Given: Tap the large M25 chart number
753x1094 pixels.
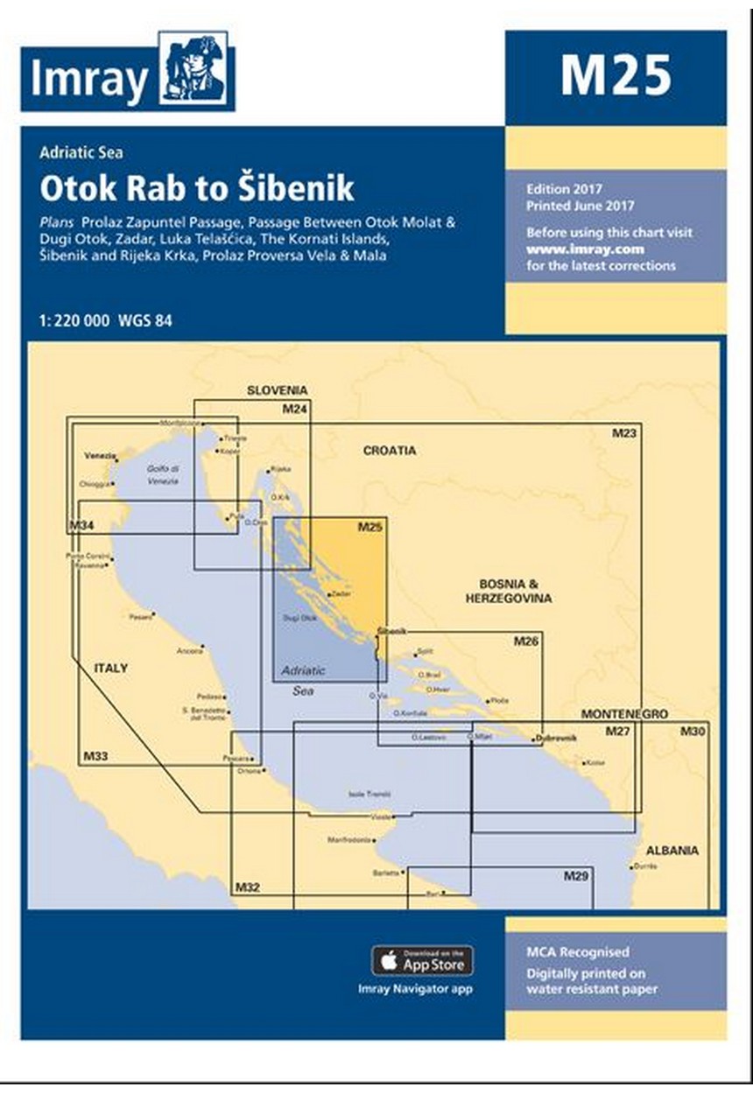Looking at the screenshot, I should tap(616, 75).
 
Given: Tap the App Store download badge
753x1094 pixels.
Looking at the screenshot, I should tap(423, 960).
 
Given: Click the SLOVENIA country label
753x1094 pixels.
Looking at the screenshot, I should tap(277, 391).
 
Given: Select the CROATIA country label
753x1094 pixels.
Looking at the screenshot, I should tap(390, 451).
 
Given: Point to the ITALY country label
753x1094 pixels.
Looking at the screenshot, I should tap(111, 668).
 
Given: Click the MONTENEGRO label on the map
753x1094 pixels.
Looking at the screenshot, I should tap(624, 714).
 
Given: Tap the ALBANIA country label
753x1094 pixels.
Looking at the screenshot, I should tap(672, 850).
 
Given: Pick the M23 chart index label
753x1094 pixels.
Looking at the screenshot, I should tap(624, 432).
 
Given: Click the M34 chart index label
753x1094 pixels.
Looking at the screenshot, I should tap(81, 525).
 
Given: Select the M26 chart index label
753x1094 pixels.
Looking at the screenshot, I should tap(525, 642).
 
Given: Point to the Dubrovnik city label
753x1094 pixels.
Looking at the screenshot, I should tap(558, 739).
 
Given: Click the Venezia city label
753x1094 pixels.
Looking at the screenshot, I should tap(99, 456).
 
